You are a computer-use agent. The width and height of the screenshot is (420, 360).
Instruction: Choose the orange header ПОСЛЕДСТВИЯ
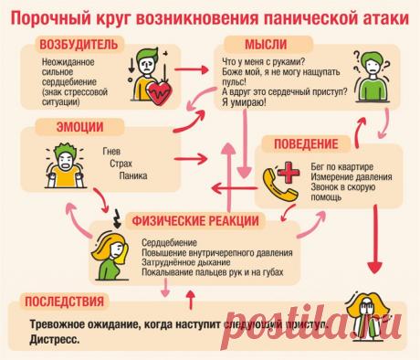click(60, 301)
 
